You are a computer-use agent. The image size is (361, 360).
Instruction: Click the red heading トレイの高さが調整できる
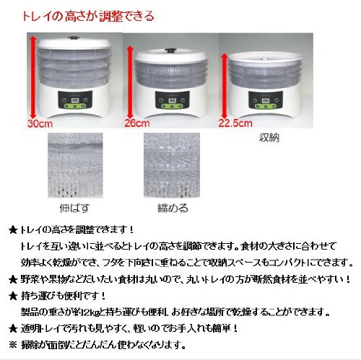pyautogui.click(x=88, y=17)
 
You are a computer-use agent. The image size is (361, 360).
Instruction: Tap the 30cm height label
pyautogui.click(x=40, y=123)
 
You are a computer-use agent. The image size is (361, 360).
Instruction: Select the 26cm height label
pyautogui.click(x=137, y=123)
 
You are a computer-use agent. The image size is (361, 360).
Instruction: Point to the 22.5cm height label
pyautogui.click(x=235, y=123)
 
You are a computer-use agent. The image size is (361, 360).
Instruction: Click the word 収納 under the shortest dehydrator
pyautogui.click(x=269, y=138)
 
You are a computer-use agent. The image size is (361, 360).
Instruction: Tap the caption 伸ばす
pyautogui.click(x=75, y=208)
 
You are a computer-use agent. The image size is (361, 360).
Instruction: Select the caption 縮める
pyautogui.click(x=173, y=208)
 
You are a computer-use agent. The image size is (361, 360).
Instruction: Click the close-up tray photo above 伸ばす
pyautogui.click(x=75, y=165)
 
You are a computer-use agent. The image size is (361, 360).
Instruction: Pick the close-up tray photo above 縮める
pyautogui.click(x=172, y=165)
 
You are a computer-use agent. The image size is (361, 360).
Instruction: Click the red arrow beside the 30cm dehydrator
pyautogui.click(x=33, y=77)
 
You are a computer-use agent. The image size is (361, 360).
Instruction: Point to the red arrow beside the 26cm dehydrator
pyautogui.click(x=130, y=83)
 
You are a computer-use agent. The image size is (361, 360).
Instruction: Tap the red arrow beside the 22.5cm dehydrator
pyautogui.click(x=225, y=87)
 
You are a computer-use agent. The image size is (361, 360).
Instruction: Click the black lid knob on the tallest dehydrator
pyautogui.click(x=72, y=38)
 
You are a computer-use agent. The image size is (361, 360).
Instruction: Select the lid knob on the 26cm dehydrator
pyautogui.click(x=170, y=51)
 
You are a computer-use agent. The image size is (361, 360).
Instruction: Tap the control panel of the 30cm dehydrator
pyautogui.click(x=75, y=100)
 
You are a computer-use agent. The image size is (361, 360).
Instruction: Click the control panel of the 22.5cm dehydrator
pyautogui.click(x=266, y=100)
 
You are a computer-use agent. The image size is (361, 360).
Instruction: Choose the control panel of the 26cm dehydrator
pyautogui.click(x=172, y=100)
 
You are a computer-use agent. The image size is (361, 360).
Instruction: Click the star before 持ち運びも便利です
pyautogui.click(x=13, y=297)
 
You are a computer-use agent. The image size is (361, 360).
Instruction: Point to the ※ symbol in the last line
pyautogui.click(x=13, y=346)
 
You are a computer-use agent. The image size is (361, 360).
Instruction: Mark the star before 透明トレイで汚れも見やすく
pyautogui.click(x=13, y=328)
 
